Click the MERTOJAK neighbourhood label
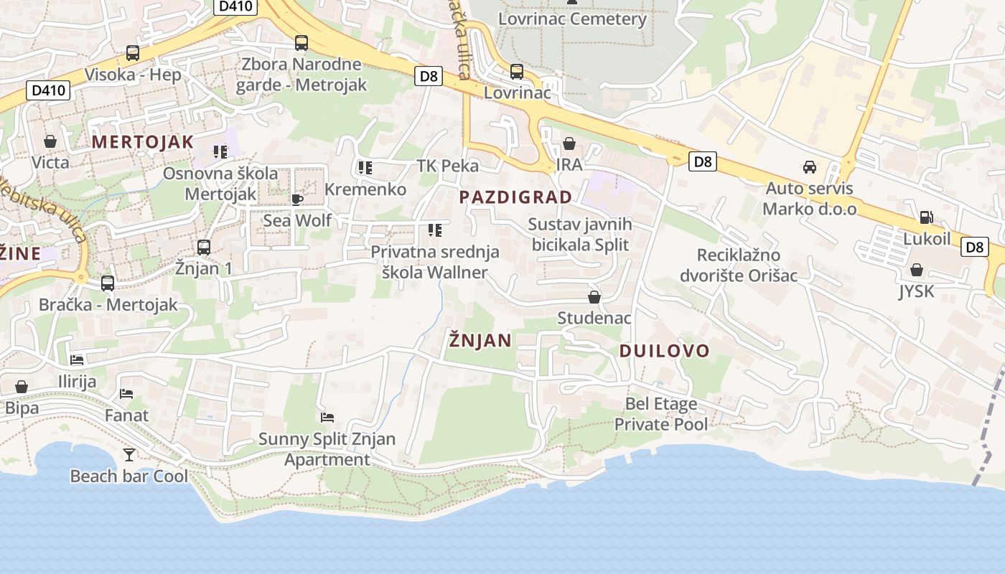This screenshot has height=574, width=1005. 143,141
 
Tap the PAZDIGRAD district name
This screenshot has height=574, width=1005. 515,197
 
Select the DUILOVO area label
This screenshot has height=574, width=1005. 664,351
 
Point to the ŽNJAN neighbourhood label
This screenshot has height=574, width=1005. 480,340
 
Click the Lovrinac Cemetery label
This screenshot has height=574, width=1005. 572,19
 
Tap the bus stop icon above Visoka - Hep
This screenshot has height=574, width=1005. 133,52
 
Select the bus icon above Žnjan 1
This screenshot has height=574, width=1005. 204,248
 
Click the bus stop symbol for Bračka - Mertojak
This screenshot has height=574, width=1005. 108,283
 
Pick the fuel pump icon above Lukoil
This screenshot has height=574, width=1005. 926,217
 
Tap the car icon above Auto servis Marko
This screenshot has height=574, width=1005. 810,167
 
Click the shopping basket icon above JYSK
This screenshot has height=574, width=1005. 916,270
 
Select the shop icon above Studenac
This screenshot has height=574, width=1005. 594,297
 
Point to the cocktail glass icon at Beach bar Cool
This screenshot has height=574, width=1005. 129,454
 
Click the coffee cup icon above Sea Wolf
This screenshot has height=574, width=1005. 297,199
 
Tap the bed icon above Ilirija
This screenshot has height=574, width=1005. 77,359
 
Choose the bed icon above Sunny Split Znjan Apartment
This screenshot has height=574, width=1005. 327,417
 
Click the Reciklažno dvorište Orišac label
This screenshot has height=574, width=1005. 739,265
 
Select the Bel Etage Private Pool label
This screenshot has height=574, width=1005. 661,414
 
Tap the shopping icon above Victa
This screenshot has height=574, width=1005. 50,141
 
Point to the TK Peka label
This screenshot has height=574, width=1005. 447,166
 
